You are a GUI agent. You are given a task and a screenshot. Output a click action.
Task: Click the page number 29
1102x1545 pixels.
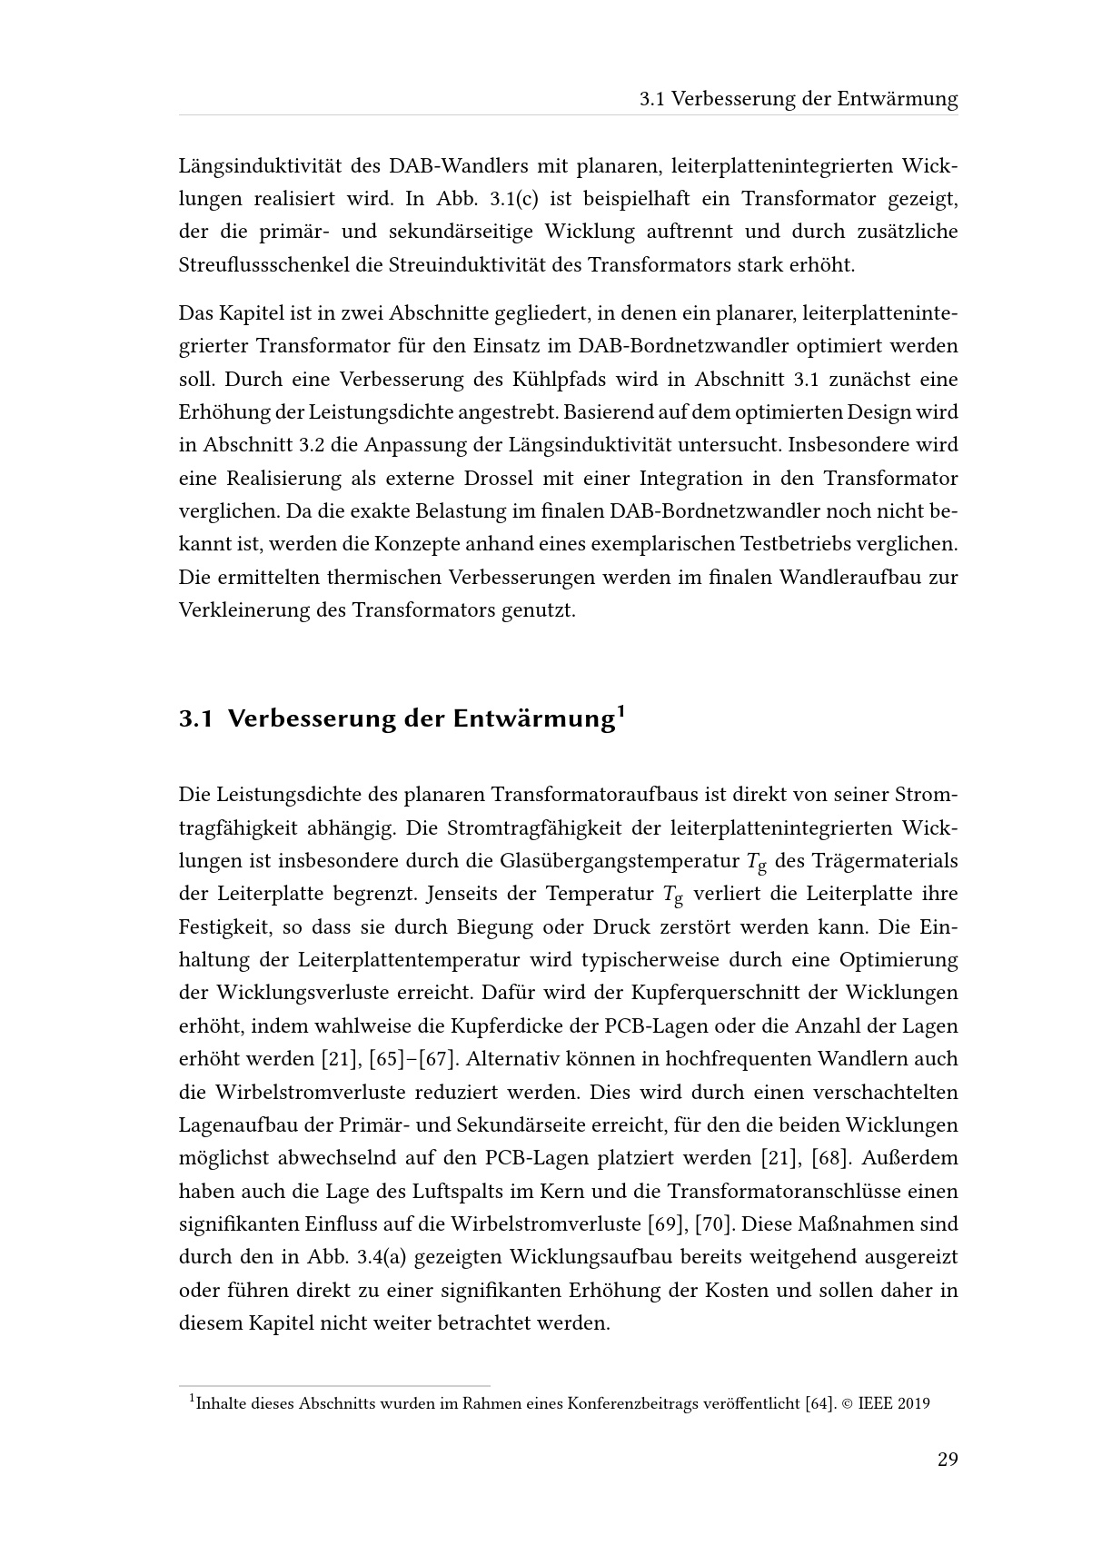(x=948, y=1460)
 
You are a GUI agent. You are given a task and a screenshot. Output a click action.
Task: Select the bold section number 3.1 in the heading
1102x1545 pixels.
(x=195, y=718)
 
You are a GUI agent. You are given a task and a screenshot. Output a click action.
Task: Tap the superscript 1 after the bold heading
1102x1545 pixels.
(x=620, y=710)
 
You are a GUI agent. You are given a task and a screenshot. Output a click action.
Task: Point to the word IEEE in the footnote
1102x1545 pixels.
(x=874, y=1403)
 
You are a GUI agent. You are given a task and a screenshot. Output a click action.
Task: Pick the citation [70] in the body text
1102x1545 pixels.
(x=713, y=1224)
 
